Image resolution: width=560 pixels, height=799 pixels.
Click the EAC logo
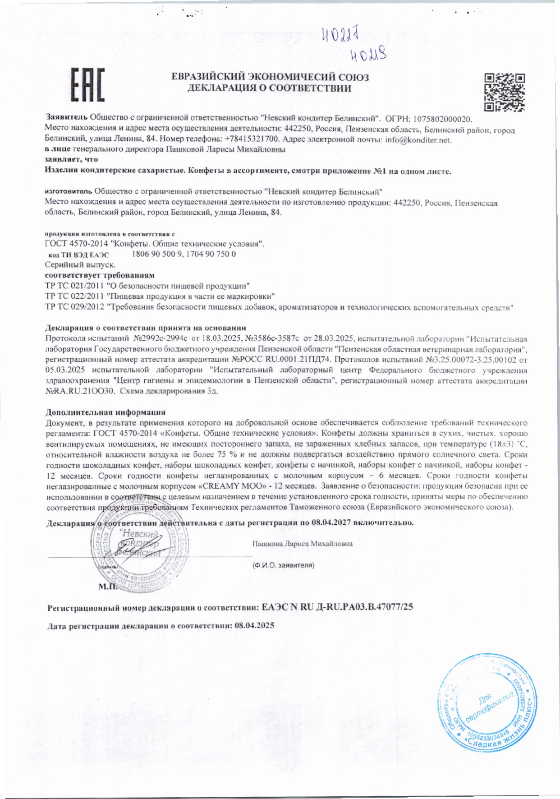tap(87, 84)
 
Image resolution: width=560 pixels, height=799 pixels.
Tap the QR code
tap(505, 92)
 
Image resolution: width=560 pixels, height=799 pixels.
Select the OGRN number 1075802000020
tap(442, 120)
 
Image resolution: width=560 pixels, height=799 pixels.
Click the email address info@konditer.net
tap(418, 140)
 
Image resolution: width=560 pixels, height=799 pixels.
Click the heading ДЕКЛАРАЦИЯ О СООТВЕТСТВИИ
tap(269, 88)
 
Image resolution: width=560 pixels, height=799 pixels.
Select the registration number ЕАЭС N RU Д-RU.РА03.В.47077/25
tap(337, 607)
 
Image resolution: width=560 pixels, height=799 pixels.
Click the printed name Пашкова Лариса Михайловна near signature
tap(302, 544)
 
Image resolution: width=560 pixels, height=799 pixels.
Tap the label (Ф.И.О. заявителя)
tap(283, 565)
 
